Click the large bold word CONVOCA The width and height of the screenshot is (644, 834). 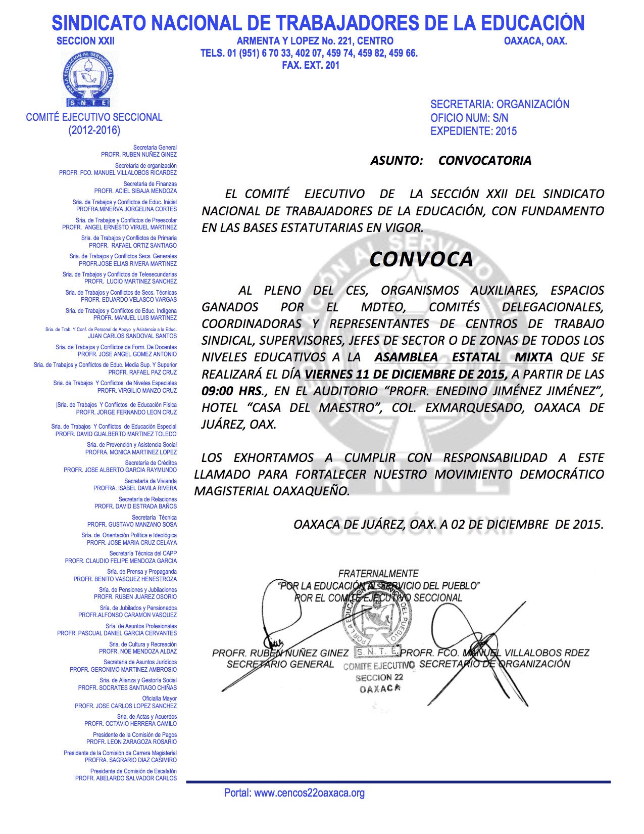[421, 259]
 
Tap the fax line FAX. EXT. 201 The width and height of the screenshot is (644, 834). [311, 65]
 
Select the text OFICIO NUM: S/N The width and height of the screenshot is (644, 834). [469, 118]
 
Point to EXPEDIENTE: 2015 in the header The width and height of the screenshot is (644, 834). [473, 131]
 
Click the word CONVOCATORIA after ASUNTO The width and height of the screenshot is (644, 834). [485, 161]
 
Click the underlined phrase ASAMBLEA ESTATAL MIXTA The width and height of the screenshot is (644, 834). [463, 357]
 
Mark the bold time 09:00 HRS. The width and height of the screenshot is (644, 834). [232, 391]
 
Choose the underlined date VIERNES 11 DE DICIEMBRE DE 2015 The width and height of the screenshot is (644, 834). [406, 374]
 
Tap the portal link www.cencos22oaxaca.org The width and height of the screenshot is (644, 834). [309, 793]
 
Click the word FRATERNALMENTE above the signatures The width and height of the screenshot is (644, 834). [378, 574]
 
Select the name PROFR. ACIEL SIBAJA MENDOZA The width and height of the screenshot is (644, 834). [135, 191]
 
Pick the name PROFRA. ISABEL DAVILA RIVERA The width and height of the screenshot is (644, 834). [135, 488]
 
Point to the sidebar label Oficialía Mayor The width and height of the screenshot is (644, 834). [159, 699]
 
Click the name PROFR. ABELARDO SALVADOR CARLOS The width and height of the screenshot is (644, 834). [126, 778]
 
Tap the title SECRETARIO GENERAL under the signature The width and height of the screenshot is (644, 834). [280, 664]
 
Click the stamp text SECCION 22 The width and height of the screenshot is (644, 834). [379, 678]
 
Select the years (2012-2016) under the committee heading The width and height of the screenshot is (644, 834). [94, 130]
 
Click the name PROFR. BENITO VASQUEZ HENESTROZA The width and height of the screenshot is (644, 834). [125, 579]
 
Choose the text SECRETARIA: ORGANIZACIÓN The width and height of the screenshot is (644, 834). [500, 104]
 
